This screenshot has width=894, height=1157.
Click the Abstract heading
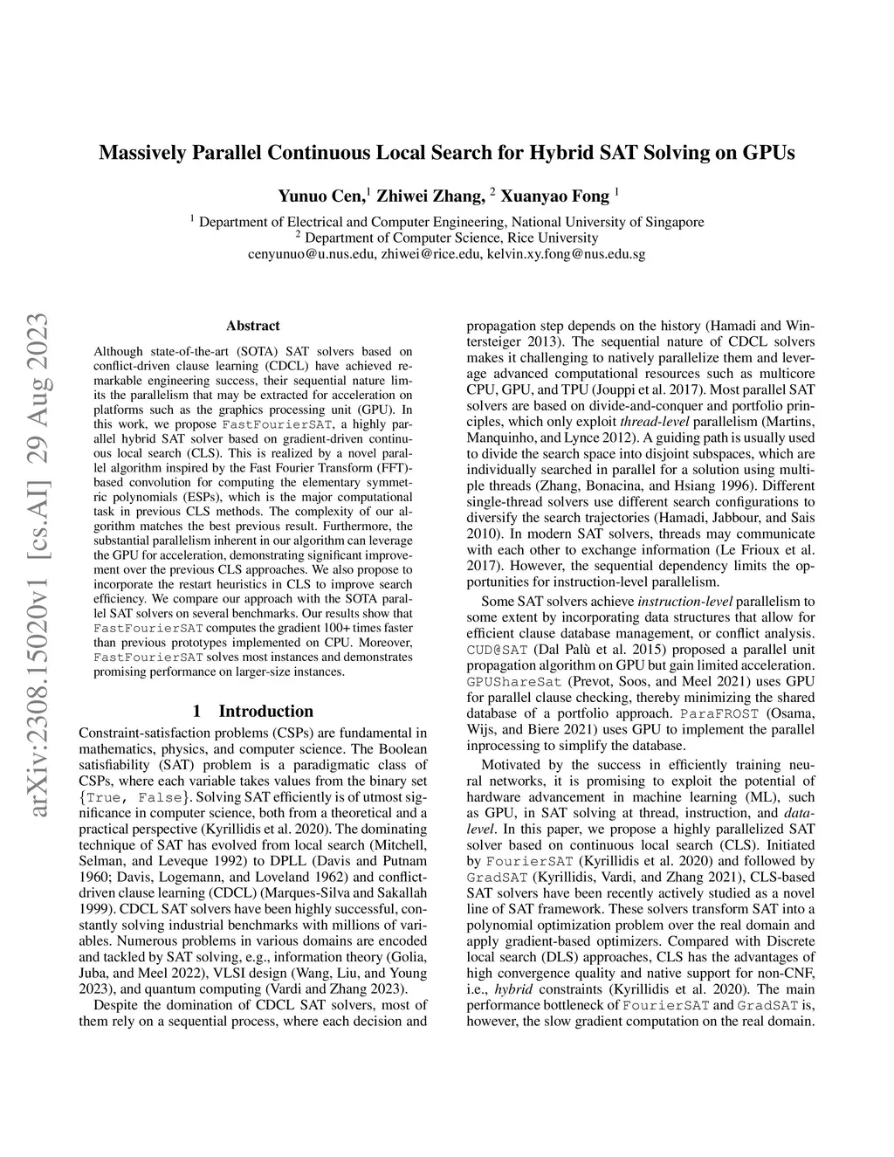click(252, 326)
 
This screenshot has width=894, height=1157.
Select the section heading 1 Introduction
click(252, 711)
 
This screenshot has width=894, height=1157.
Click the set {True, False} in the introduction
click(133, 797)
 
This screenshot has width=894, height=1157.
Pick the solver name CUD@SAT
click(498, 650)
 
